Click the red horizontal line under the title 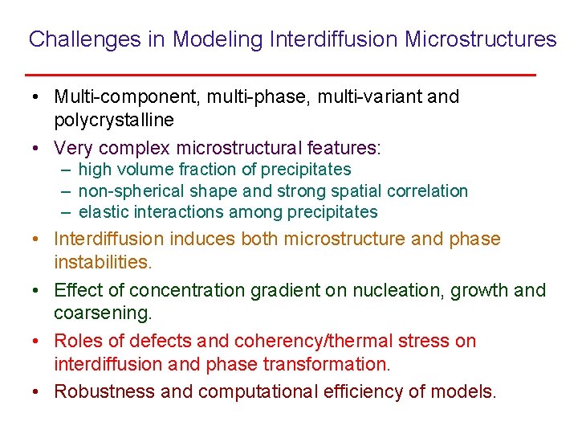click(x=280, y=74)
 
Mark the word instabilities click(x=103, y=262)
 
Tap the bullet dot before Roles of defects click(x=38, y=342)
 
